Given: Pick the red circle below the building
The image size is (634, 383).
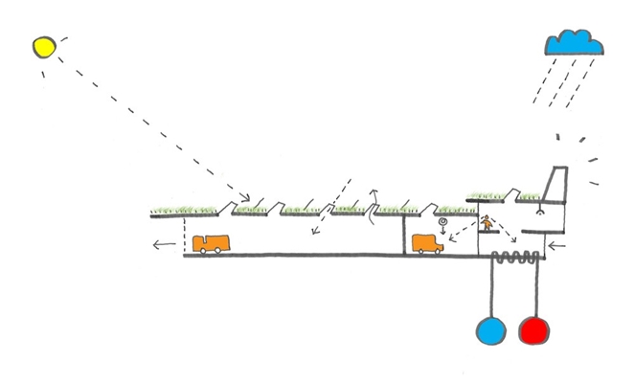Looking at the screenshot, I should (x=533, y=330).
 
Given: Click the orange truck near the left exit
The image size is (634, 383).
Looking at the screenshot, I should (x=212, y=244).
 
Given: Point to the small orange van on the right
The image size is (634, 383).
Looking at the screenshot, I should (x=427, y=244).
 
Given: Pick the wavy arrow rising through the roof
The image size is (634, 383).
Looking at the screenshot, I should (x=374, y=206).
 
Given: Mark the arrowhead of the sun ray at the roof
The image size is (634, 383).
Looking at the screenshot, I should (x=244, y=199).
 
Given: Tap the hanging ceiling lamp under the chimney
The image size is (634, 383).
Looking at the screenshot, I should (x=540, y=214).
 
